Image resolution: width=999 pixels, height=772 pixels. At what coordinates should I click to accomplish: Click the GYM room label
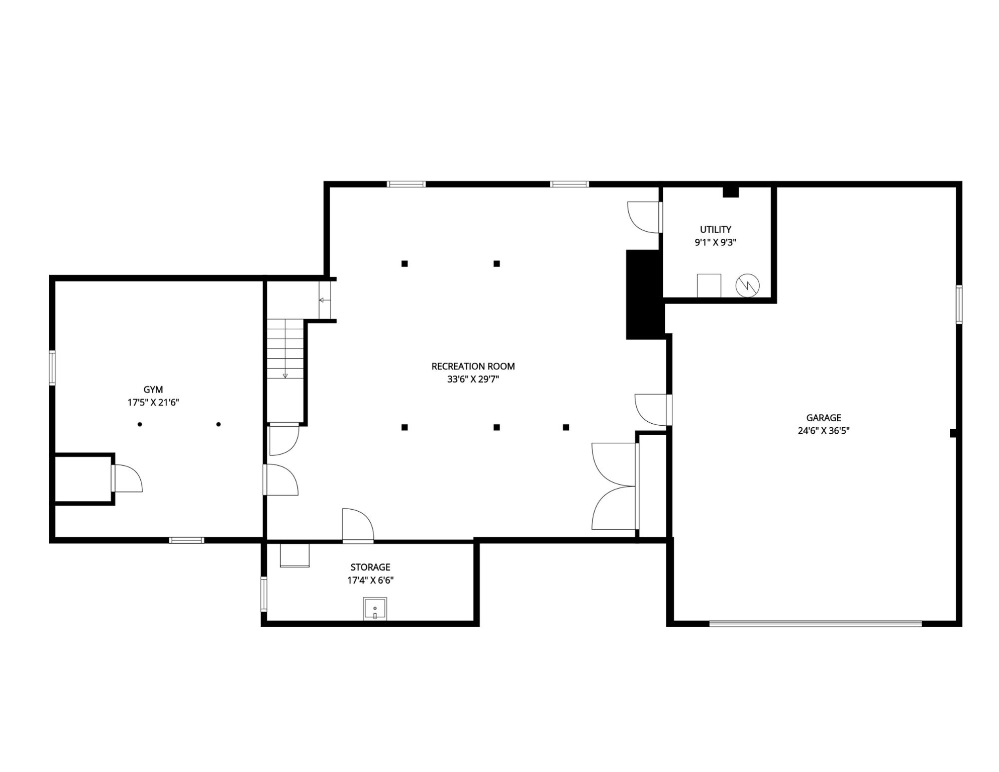point(153,390)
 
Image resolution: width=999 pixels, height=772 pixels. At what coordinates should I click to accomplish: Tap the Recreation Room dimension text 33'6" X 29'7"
point(473,379)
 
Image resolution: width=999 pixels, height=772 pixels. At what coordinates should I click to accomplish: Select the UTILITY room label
point(716,230)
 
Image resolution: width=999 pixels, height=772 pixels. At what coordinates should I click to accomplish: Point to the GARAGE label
point(824,418)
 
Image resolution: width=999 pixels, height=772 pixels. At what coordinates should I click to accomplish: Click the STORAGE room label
point(370,567)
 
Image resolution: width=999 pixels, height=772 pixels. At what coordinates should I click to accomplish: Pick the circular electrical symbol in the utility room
point(747,286)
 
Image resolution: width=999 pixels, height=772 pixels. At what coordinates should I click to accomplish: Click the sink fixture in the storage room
point(375,609)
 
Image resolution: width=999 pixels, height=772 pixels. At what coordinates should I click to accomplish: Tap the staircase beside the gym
point(285,349)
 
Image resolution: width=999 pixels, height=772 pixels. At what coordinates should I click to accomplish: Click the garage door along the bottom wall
point(816,624)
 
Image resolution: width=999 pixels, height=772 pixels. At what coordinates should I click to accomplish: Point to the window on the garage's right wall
point(959,305)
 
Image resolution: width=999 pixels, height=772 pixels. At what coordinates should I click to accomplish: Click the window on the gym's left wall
point(52,368)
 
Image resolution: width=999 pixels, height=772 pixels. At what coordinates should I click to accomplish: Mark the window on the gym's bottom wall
point(186,540)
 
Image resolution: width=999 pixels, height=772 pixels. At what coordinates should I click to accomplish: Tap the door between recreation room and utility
point(645,217)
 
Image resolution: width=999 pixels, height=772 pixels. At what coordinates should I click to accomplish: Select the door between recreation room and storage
point(358,526)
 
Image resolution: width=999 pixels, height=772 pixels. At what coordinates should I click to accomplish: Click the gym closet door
point(127,478)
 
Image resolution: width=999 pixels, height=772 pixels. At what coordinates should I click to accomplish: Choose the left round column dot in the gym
point(140,425)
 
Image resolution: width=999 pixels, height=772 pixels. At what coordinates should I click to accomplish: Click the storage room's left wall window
point(264,594)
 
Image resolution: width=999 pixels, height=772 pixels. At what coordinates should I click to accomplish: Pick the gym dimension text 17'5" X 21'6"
point(153,403)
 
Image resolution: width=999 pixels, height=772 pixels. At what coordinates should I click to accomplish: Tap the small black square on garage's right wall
point(953,433)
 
